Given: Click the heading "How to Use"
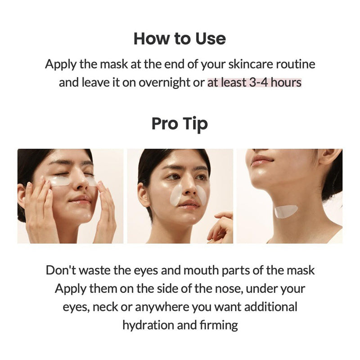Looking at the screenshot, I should [x=180, y=39].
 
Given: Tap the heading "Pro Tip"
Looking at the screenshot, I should [x=180, y=123].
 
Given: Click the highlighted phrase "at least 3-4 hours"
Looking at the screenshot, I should [x=254, y=83].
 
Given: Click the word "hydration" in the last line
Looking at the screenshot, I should [x=149, y=325].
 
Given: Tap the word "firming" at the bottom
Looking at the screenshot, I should [x=220, y=325].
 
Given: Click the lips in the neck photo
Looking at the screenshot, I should [x=262, y=160].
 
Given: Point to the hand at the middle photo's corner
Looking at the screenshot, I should [x=221, y=227].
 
